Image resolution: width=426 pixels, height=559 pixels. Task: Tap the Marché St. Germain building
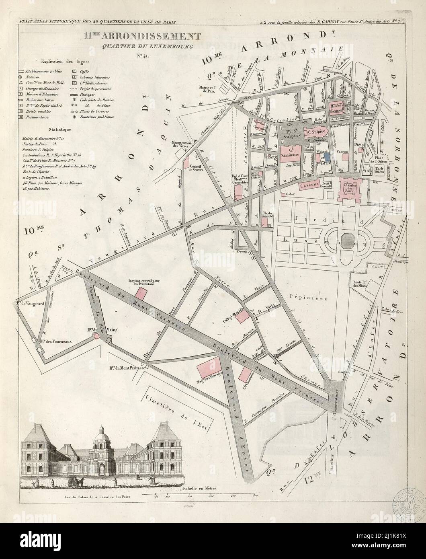(x=338, y=105)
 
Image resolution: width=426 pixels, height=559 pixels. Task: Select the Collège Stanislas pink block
(x=242, y=317)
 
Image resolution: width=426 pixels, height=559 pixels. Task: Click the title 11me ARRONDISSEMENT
(x=142, y=37)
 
